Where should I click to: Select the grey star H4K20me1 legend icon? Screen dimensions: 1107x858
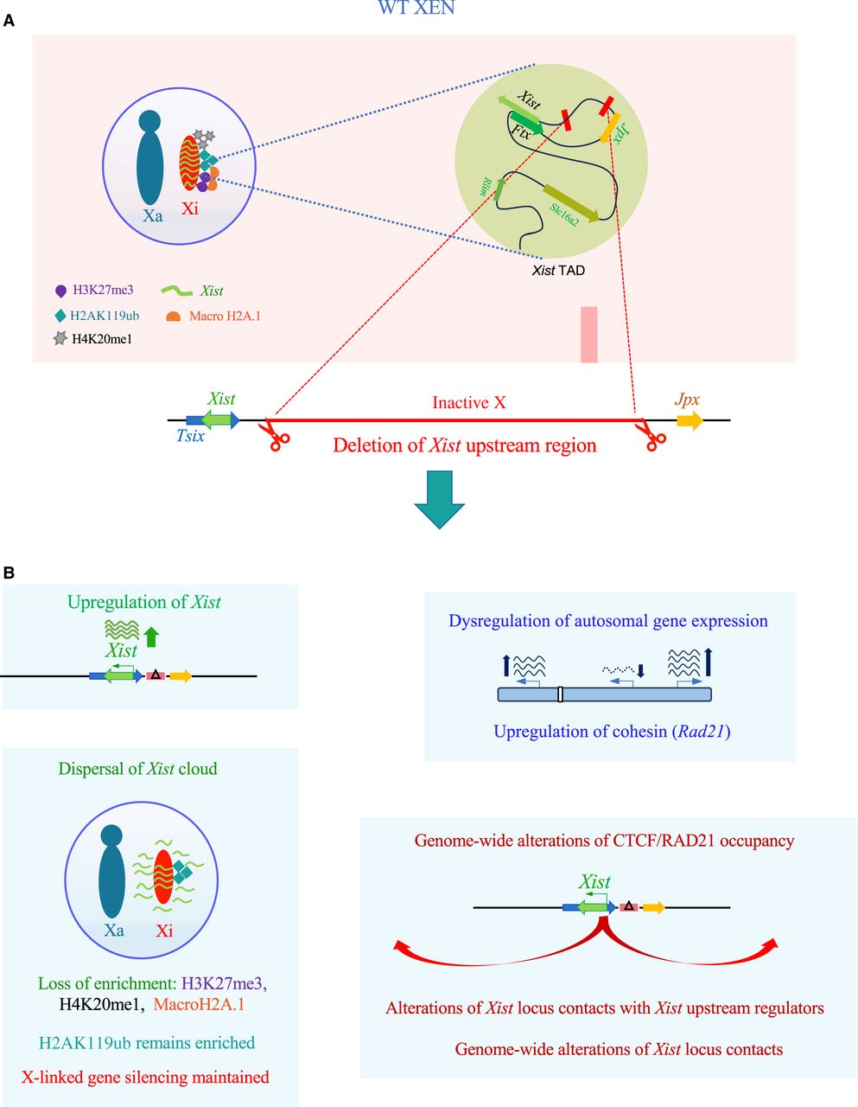60,339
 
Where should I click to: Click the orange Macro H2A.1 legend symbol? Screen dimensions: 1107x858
173,317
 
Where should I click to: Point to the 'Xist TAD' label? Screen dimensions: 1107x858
558,271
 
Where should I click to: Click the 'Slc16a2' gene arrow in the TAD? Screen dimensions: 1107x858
570,202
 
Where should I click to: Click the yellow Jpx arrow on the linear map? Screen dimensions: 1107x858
690,421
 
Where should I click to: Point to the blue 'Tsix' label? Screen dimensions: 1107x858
190,437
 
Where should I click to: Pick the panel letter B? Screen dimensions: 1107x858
9,572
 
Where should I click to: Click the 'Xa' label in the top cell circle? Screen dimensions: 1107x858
152,216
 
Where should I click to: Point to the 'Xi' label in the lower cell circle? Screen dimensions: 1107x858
164,931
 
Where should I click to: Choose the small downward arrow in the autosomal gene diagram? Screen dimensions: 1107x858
640,670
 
